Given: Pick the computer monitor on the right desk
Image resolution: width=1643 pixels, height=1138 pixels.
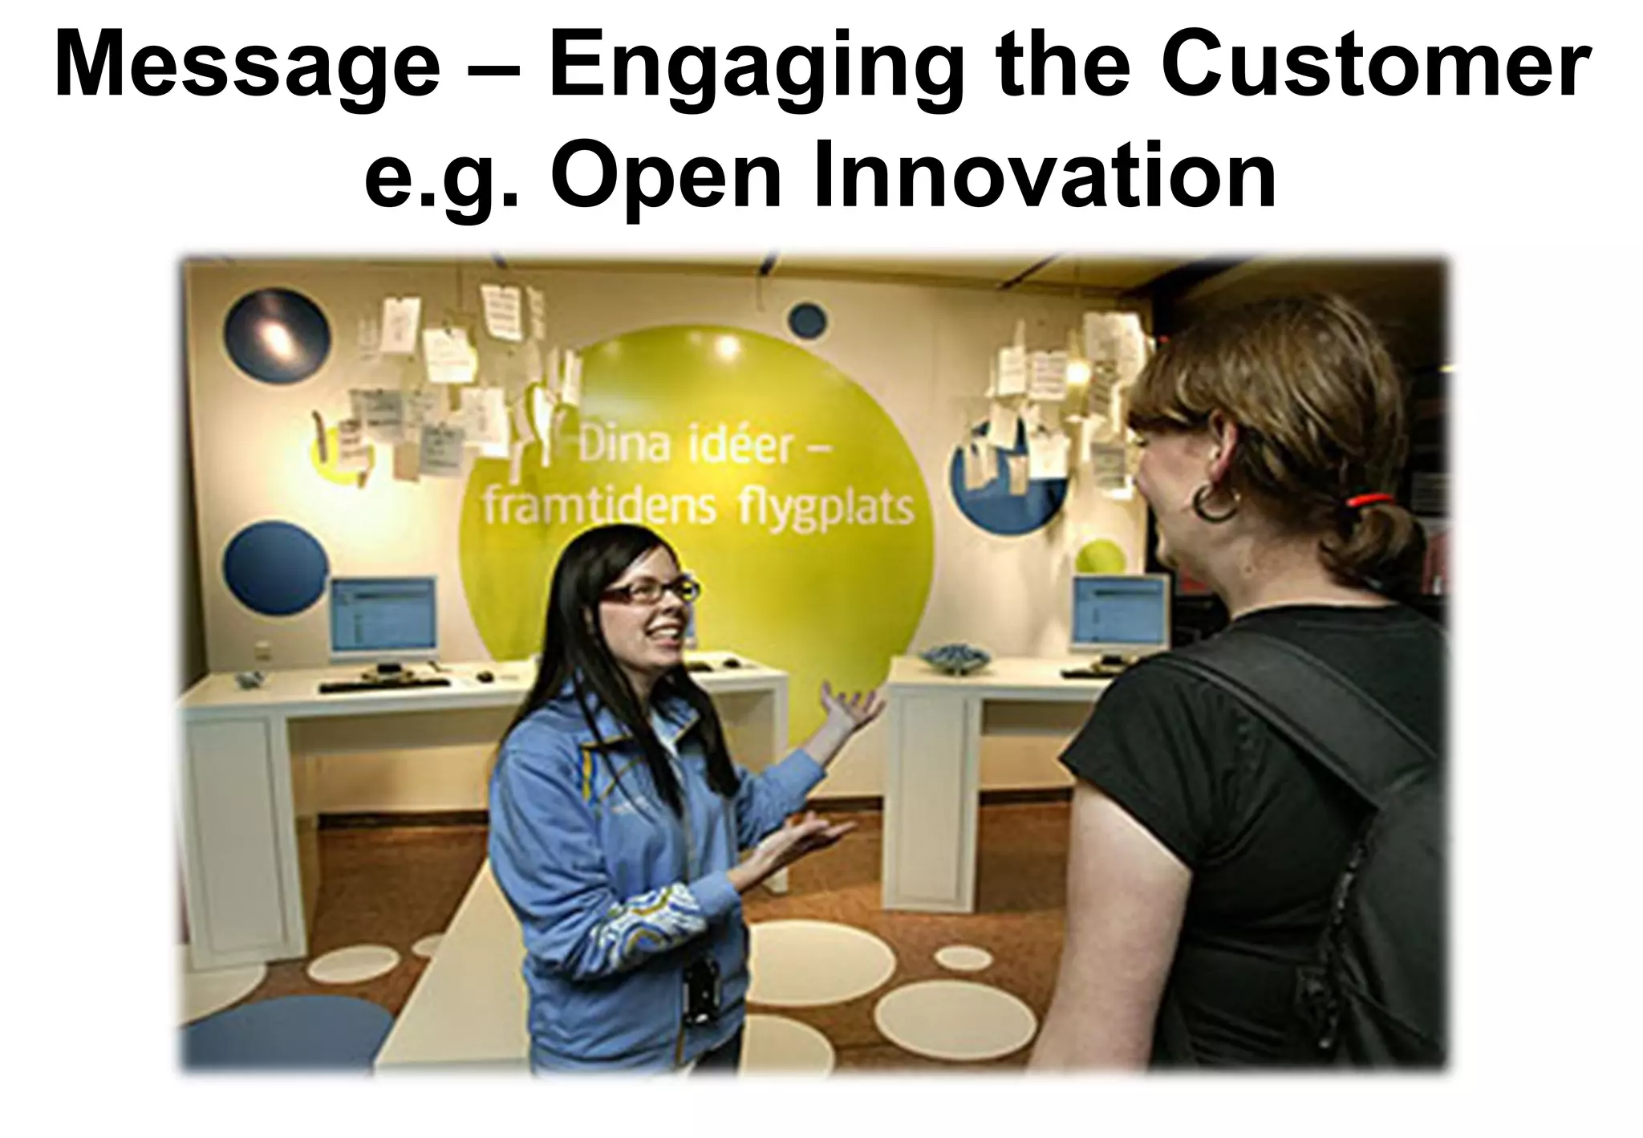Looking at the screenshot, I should [1121, 612].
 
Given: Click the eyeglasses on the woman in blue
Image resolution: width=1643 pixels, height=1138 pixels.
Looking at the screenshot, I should [650, 592].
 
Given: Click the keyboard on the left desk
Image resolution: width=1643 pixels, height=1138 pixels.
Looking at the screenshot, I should [385, 685].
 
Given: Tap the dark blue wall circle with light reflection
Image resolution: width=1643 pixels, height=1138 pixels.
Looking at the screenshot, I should [277, 335].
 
